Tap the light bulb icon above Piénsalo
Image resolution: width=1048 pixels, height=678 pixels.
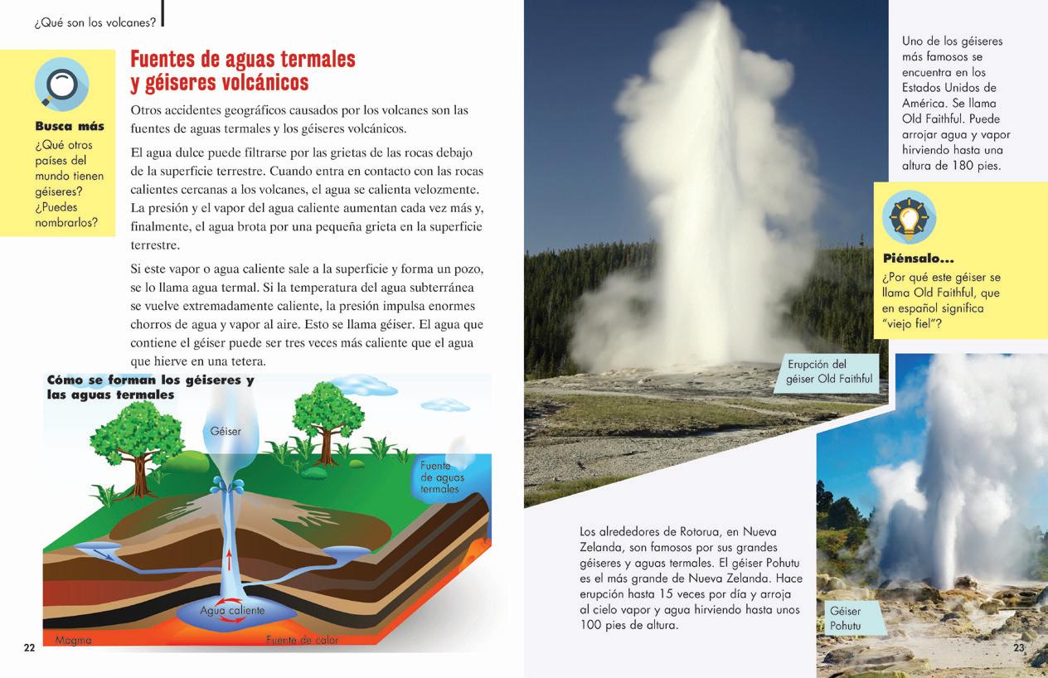coord(909,217)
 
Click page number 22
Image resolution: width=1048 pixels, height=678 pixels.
coord(29,647)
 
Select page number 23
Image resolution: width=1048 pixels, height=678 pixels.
coord(1019,647)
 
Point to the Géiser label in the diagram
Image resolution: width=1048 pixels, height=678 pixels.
coord(225,431)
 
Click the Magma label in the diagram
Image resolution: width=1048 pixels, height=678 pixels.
coord(74,640)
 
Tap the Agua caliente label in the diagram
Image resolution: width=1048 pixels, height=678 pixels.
coord(232,610)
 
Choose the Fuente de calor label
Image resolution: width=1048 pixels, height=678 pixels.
coord(302,640)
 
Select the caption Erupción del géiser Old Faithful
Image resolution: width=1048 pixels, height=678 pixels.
coord(828,372)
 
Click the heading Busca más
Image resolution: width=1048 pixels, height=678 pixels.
coord(70,127)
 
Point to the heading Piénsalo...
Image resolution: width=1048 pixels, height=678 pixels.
coord(918,259)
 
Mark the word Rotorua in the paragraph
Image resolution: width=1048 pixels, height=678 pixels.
coord(712,531)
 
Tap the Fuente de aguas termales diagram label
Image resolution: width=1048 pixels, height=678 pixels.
coord(442,477)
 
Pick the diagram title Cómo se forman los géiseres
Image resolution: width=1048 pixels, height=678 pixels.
coord(150,380)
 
